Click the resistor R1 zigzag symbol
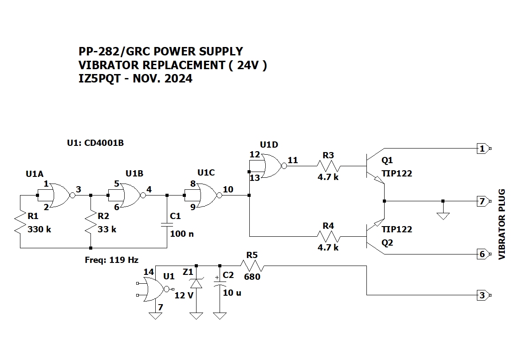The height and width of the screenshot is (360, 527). pyautogui.click(x=20, y=221)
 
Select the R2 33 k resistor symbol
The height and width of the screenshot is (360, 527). pyautogui.click(x=90, y=221)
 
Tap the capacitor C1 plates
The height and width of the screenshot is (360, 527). pyautogui.click(x=167, y=224)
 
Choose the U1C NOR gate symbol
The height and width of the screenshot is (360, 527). pyautogui.click(x=203, y=195)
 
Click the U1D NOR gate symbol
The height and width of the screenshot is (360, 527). pyautogui.click(x=268, y=166)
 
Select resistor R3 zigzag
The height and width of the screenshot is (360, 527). pyautogui.click(x=328, y=166)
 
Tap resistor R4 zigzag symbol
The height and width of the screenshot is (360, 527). pyautogui.click(x=328, y=236)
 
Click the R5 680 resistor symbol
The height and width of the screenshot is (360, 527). pyautogui.click(x=252, y=266)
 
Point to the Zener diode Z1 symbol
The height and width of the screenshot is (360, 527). pyautogui.click(x=196, y=284)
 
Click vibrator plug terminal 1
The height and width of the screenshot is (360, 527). pyautogui.click(x=484, y=149)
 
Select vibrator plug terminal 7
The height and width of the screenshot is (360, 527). pyautogui.click(x=484, y=201)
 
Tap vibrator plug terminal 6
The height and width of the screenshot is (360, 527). pyautogui.click(x=484, y=254)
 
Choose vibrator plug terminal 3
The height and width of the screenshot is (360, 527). pyautogui.click(x=484, y=295)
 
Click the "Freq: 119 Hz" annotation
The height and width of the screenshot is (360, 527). pyautogui.click(x=112, y=260)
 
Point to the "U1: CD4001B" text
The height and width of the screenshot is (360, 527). pyautogui.click(x=95, y=143)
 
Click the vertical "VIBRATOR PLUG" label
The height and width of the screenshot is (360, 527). pyautogui.click(x=502, y=224)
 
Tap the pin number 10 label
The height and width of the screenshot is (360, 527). pyautogui.click(x=228, y=189)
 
